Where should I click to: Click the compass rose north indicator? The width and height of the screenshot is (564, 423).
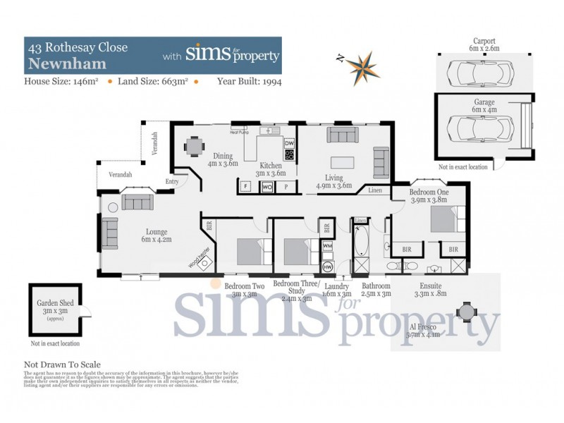click(363, 63)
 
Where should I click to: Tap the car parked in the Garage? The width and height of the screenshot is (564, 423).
click(479, 130)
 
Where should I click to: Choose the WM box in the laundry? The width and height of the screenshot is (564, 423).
click(327, 245)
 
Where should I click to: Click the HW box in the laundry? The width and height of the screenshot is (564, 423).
click(327, 267)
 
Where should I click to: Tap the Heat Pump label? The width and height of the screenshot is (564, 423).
click(240, 131)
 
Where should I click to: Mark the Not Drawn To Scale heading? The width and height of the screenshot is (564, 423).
click(62, 364)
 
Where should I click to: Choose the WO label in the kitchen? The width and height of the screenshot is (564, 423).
click(267, 187)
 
